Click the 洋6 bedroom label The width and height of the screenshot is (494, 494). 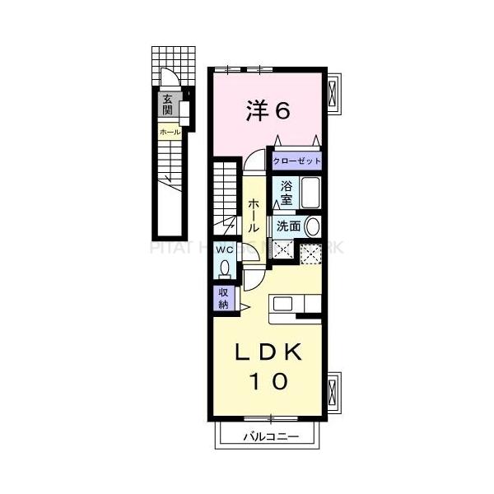click(x=268, y=111)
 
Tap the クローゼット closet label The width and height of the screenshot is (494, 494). click(x=297, y=161)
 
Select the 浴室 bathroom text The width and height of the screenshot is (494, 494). click(x=287, y=192)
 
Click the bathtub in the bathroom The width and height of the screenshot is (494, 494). click(x=310, y=193)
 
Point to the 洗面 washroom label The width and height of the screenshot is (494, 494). click(x=288, y=226)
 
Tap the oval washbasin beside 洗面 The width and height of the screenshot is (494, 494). click(x=313, y=226)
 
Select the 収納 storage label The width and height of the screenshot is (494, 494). click(x=224, y=298)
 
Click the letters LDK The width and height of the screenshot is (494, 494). click(x=268, y=352)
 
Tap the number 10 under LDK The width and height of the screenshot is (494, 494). click(x=268, y=381)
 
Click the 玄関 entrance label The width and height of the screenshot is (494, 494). click(x=168, y=105)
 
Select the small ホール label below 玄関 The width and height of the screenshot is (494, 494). click(x=170, y=132)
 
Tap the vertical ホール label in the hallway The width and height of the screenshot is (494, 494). click(x=254, y=215)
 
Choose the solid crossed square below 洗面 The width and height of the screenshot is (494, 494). click(x=284, y=252)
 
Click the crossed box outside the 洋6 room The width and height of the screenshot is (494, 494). click(x=333, y=96)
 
